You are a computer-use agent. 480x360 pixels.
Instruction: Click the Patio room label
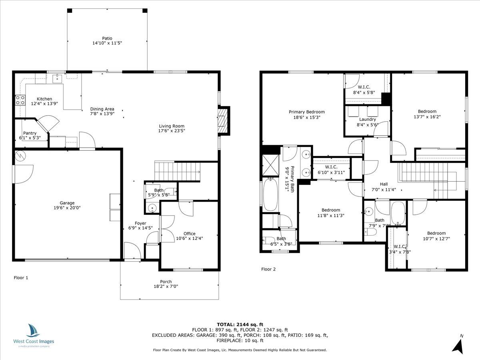(107, 38)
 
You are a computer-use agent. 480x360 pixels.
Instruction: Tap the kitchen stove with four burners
(20, 100)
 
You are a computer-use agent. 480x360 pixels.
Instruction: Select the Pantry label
(30, 133)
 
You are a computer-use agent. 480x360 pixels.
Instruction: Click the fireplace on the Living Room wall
(224, 120)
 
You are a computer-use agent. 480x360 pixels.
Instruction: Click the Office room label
(189, 234)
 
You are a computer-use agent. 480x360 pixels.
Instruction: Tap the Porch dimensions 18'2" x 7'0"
(166, 287)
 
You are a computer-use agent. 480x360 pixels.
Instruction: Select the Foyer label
(140, 223)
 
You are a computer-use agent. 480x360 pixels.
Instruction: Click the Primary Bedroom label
(307, 112)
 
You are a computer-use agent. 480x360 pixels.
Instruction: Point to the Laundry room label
(367, 119)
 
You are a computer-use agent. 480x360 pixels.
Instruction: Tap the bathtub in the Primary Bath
(270, 195)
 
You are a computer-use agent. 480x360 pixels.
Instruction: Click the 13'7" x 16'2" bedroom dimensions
(427, 117)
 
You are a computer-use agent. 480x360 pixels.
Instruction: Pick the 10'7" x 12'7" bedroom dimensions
(436, 239)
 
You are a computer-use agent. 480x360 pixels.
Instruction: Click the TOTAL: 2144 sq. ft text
(240, 324)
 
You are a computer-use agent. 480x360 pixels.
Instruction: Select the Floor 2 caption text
(268, 269)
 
